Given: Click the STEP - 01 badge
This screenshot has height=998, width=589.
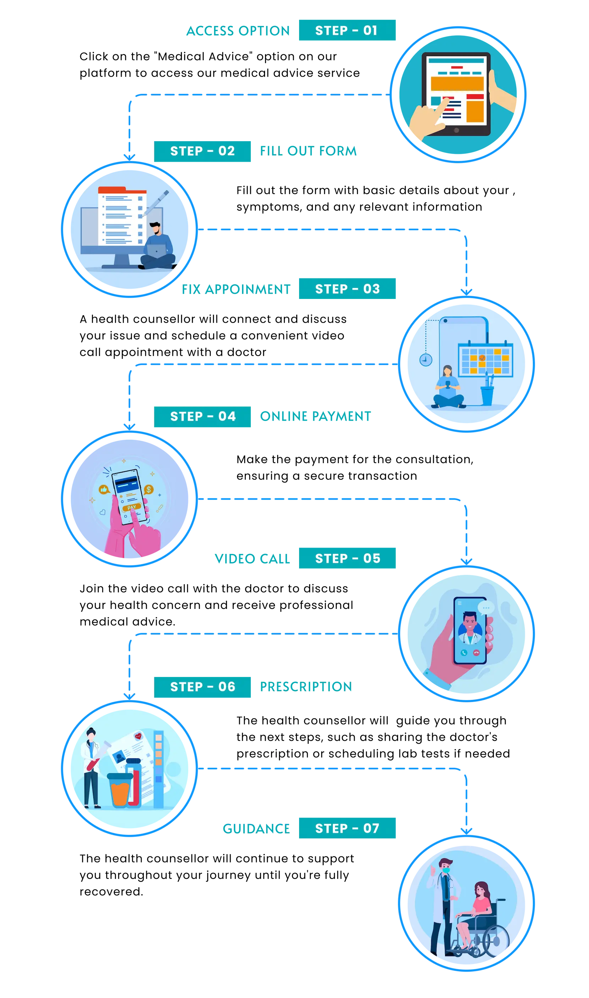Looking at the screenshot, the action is click(347, 30).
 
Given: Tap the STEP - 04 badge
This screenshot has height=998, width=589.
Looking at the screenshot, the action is click(202, 416).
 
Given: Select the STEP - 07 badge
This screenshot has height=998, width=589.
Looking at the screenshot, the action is click(347, 828).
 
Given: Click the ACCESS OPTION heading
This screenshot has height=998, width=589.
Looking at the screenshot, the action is click(238, 31).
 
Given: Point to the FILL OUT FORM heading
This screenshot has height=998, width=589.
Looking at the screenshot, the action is click(308, 151).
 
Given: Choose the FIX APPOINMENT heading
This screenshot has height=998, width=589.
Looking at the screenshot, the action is click(236, 289).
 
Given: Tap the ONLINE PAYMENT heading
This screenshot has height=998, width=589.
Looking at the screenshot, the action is click(315, 416).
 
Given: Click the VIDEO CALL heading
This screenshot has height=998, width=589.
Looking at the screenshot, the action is click(252, 559).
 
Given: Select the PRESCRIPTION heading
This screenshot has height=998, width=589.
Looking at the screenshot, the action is click(306, 687).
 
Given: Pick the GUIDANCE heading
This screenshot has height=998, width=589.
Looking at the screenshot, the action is click(257, 829).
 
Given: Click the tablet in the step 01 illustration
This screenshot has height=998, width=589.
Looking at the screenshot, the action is click(456, 94).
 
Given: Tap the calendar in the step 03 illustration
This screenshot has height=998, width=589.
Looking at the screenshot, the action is click(485, 359).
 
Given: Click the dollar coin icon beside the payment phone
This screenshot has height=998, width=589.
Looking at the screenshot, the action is click(149, 489).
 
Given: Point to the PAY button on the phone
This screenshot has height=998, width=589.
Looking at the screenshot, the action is click(132, 507).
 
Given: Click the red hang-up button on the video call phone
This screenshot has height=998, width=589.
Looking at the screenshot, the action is click(476, 653).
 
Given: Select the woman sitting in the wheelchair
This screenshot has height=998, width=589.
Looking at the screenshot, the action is click(475, 916).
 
